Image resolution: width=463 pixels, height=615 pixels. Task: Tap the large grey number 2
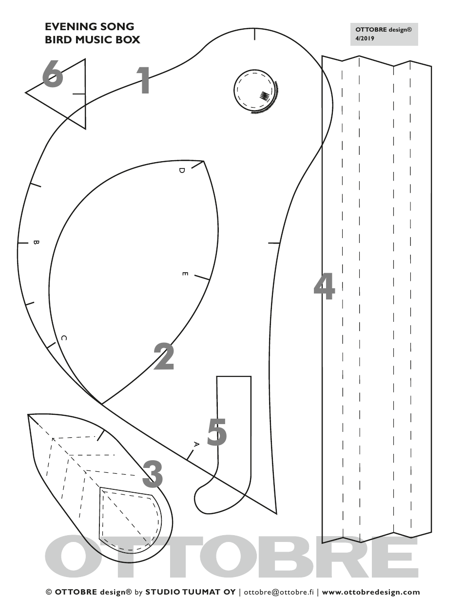click(164, 356)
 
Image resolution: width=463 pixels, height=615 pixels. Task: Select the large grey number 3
click(153, 474)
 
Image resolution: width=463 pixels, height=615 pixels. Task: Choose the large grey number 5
click(217, 432)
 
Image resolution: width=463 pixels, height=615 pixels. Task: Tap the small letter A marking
click(196, 444)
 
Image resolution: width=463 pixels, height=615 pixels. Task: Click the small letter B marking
click(36, 242)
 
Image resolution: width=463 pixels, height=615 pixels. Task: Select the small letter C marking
click(63, 338)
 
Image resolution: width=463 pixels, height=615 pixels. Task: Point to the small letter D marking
click(182, 170)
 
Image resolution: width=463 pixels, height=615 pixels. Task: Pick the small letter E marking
click(185, 274)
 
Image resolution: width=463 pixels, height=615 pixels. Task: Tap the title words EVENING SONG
click(89, 27)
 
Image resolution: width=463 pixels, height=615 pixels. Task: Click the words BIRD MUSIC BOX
click(93, 40)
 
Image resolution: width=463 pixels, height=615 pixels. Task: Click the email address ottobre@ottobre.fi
click(278, 592)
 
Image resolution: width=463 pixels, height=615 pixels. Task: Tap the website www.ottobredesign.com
click(370, 592)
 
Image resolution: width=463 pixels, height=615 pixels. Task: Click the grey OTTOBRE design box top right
click(384, 34)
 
